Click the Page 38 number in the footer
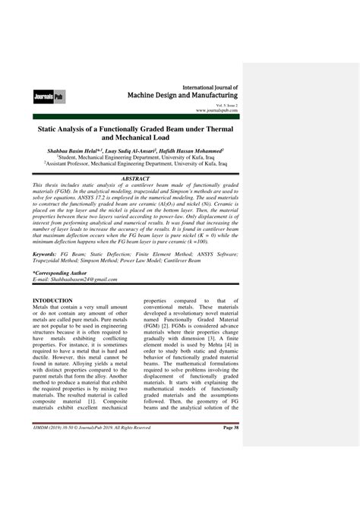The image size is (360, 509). coord(230,470)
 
